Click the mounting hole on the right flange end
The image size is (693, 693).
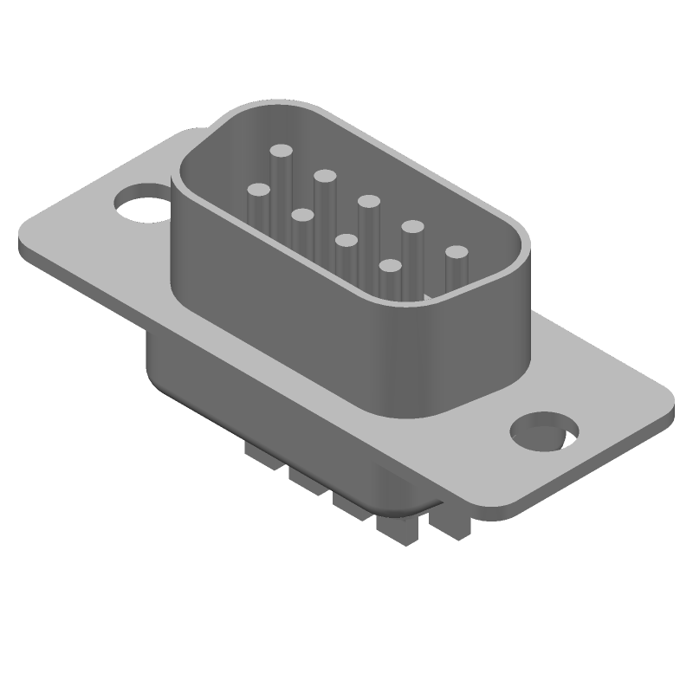coord(545,431)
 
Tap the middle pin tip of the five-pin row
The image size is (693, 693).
coord(368,201)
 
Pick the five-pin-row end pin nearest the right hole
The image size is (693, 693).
coord(457,252)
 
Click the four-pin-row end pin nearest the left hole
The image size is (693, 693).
coord(258,188)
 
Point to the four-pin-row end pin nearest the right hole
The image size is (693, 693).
coord(391,266)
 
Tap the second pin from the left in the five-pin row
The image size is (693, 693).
coord(325,176)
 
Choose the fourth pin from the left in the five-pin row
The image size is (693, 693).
coord(412,227)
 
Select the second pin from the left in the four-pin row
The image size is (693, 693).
coord(302,214)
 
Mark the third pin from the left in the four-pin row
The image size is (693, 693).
coord(346,240)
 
